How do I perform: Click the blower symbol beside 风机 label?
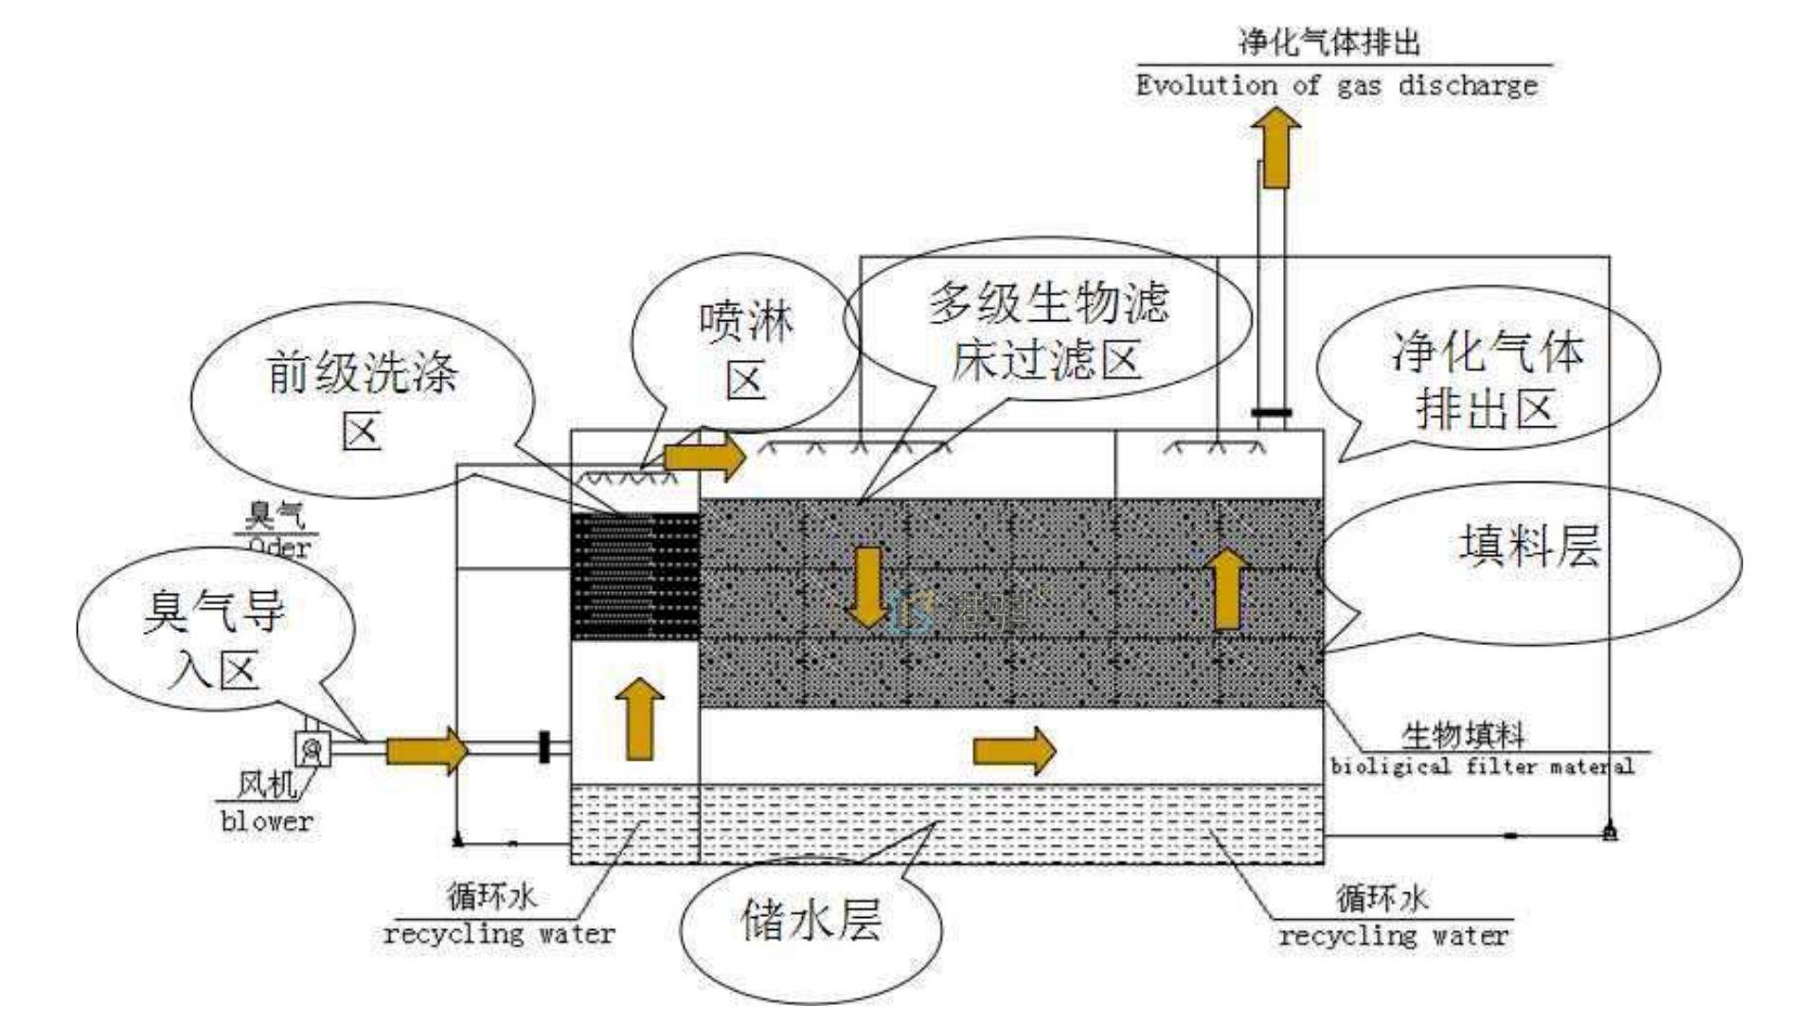(x=312, y=749)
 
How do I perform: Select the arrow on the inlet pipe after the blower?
(x=426, y=750)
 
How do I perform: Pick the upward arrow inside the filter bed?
(x=1228, y=589)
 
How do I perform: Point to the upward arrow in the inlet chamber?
(x=639, y=718)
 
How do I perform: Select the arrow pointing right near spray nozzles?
(x=704, y=458)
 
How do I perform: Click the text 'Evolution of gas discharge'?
(x=1336, y=85)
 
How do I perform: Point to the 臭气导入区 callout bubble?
(x=215, y=637)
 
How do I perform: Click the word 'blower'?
(x=266, y=820)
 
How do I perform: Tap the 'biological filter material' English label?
(x=1482, y=766)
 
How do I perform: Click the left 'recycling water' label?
(x=499, y=934)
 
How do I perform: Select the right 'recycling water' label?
(x=1393, y=937)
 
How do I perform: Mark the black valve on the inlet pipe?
(x=544, y=746)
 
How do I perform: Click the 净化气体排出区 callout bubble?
(x=1487, y=377)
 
